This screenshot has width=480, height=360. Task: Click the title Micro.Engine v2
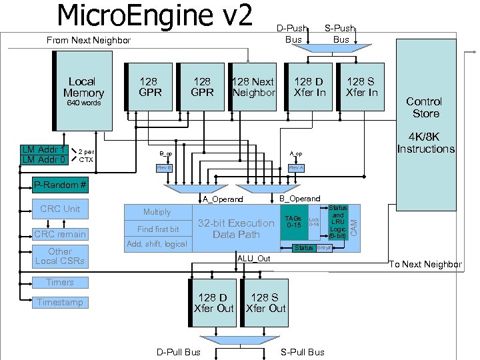(155, 16)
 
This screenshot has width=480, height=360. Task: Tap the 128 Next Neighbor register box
(253, 87)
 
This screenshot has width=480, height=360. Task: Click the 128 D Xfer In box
(310, 87)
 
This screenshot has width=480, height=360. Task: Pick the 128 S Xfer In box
(361, 87)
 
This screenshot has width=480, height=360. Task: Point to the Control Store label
(424, 107)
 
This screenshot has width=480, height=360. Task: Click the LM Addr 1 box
(44, 149)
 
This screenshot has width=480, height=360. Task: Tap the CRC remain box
(60, 234)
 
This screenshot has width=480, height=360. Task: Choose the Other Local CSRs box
(60, 256)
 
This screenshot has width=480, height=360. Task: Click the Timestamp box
(60, 302)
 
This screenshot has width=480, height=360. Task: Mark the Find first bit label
(158, 229)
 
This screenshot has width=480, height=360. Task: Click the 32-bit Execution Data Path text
(236, 229)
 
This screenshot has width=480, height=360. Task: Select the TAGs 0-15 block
(293, 222)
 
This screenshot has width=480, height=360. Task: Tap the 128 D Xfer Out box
(213, 303)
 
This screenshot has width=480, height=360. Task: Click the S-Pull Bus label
(303, 352)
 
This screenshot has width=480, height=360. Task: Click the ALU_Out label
(254, 258)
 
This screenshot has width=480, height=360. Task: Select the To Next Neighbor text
(425, 265)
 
